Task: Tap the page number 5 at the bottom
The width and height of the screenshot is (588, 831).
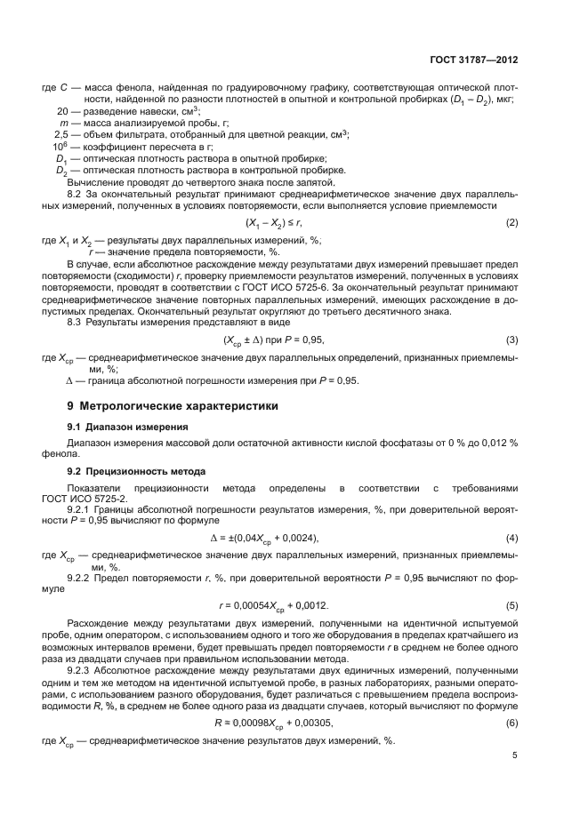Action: [x=514, y=755]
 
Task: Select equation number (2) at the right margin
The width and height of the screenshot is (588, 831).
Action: [x=511, y=221]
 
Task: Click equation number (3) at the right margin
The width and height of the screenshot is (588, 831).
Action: [x=511, y=340]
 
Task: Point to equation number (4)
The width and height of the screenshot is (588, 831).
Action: [x=511, y=539]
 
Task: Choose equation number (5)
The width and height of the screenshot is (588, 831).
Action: [x=511, y=605]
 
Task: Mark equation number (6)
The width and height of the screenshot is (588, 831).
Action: [x=511, y=698]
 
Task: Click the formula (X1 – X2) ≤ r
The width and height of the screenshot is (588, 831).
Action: [x=274, y=222]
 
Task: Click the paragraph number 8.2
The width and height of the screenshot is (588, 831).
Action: [x=77, y=193]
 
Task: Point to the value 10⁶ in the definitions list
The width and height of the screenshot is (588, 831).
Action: [x=60, y=146]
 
